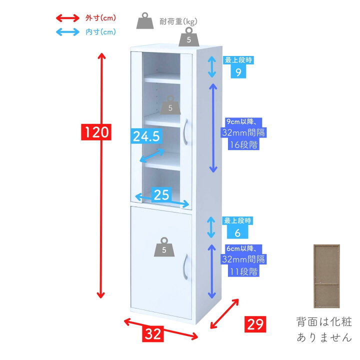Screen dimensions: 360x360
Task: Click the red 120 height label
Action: click(96, 132)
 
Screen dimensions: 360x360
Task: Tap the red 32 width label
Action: click(155, 333)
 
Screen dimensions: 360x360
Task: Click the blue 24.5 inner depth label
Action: click(146, 136)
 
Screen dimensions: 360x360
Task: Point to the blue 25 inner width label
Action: click(161, 195)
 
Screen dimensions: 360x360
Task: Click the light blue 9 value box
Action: click(238, 72)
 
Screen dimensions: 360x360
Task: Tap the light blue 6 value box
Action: click(238, 232)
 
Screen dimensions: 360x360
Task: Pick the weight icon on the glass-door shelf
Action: click(170, 106)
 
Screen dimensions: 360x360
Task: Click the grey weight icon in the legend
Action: click(145, 21)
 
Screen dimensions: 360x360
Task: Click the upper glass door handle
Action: click(185, 132)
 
